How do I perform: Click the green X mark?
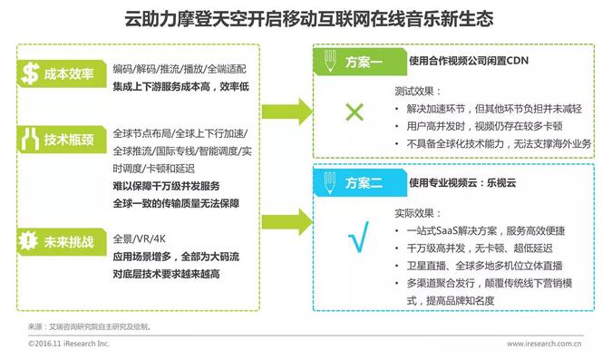[x=354, y=113]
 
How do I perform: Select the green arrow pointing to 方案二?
[x=291, y=209]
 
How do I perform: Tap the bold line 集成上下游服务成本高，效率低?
[x=181, y=86]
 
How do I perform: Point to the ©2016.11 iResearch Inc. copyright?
[x=68, y=344]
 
